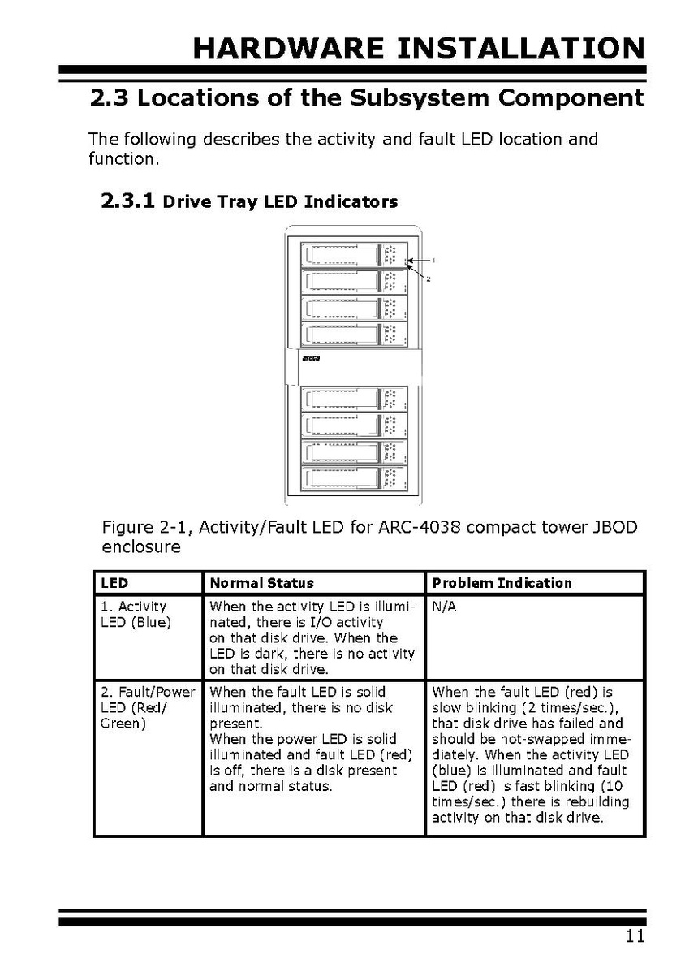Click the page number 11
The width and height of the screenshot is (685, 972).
635,936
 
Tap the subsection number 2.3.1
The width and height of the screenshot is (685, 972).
127,201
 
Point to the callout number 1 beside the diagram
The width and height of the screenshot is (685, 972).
434,260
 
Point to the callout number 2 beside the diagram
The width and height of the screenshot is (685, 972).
428,279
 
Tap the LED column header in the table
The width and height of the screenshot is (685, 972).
114,583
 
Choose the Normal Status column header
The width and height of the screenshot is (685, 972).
261,583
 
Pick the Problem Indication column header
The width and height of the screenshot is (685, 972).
502,583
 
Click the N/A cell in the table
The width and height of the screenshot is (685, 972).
444,607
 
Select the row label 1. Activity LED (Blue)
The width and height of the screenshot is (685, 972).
136,615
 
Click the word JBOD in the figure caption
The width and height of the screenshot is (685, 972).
614,529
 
